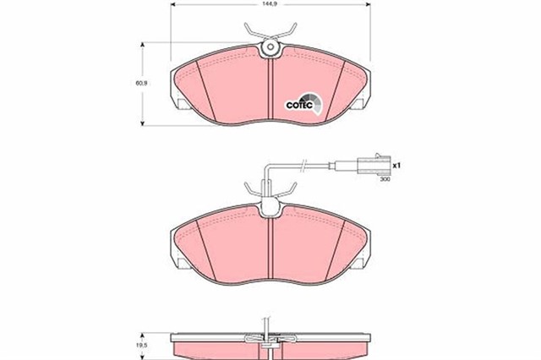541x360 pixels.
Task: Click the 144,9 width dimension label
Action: pos(269,6)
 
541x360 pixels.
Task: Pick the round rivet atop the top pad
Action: pos(270,48)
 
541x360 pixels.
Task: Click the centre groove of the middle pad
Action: pos(268,245)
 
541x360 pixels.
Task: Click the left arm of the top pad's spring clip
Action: pos(251,33)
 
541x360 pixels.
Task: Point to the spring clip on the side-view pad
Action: pos(268,338)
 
